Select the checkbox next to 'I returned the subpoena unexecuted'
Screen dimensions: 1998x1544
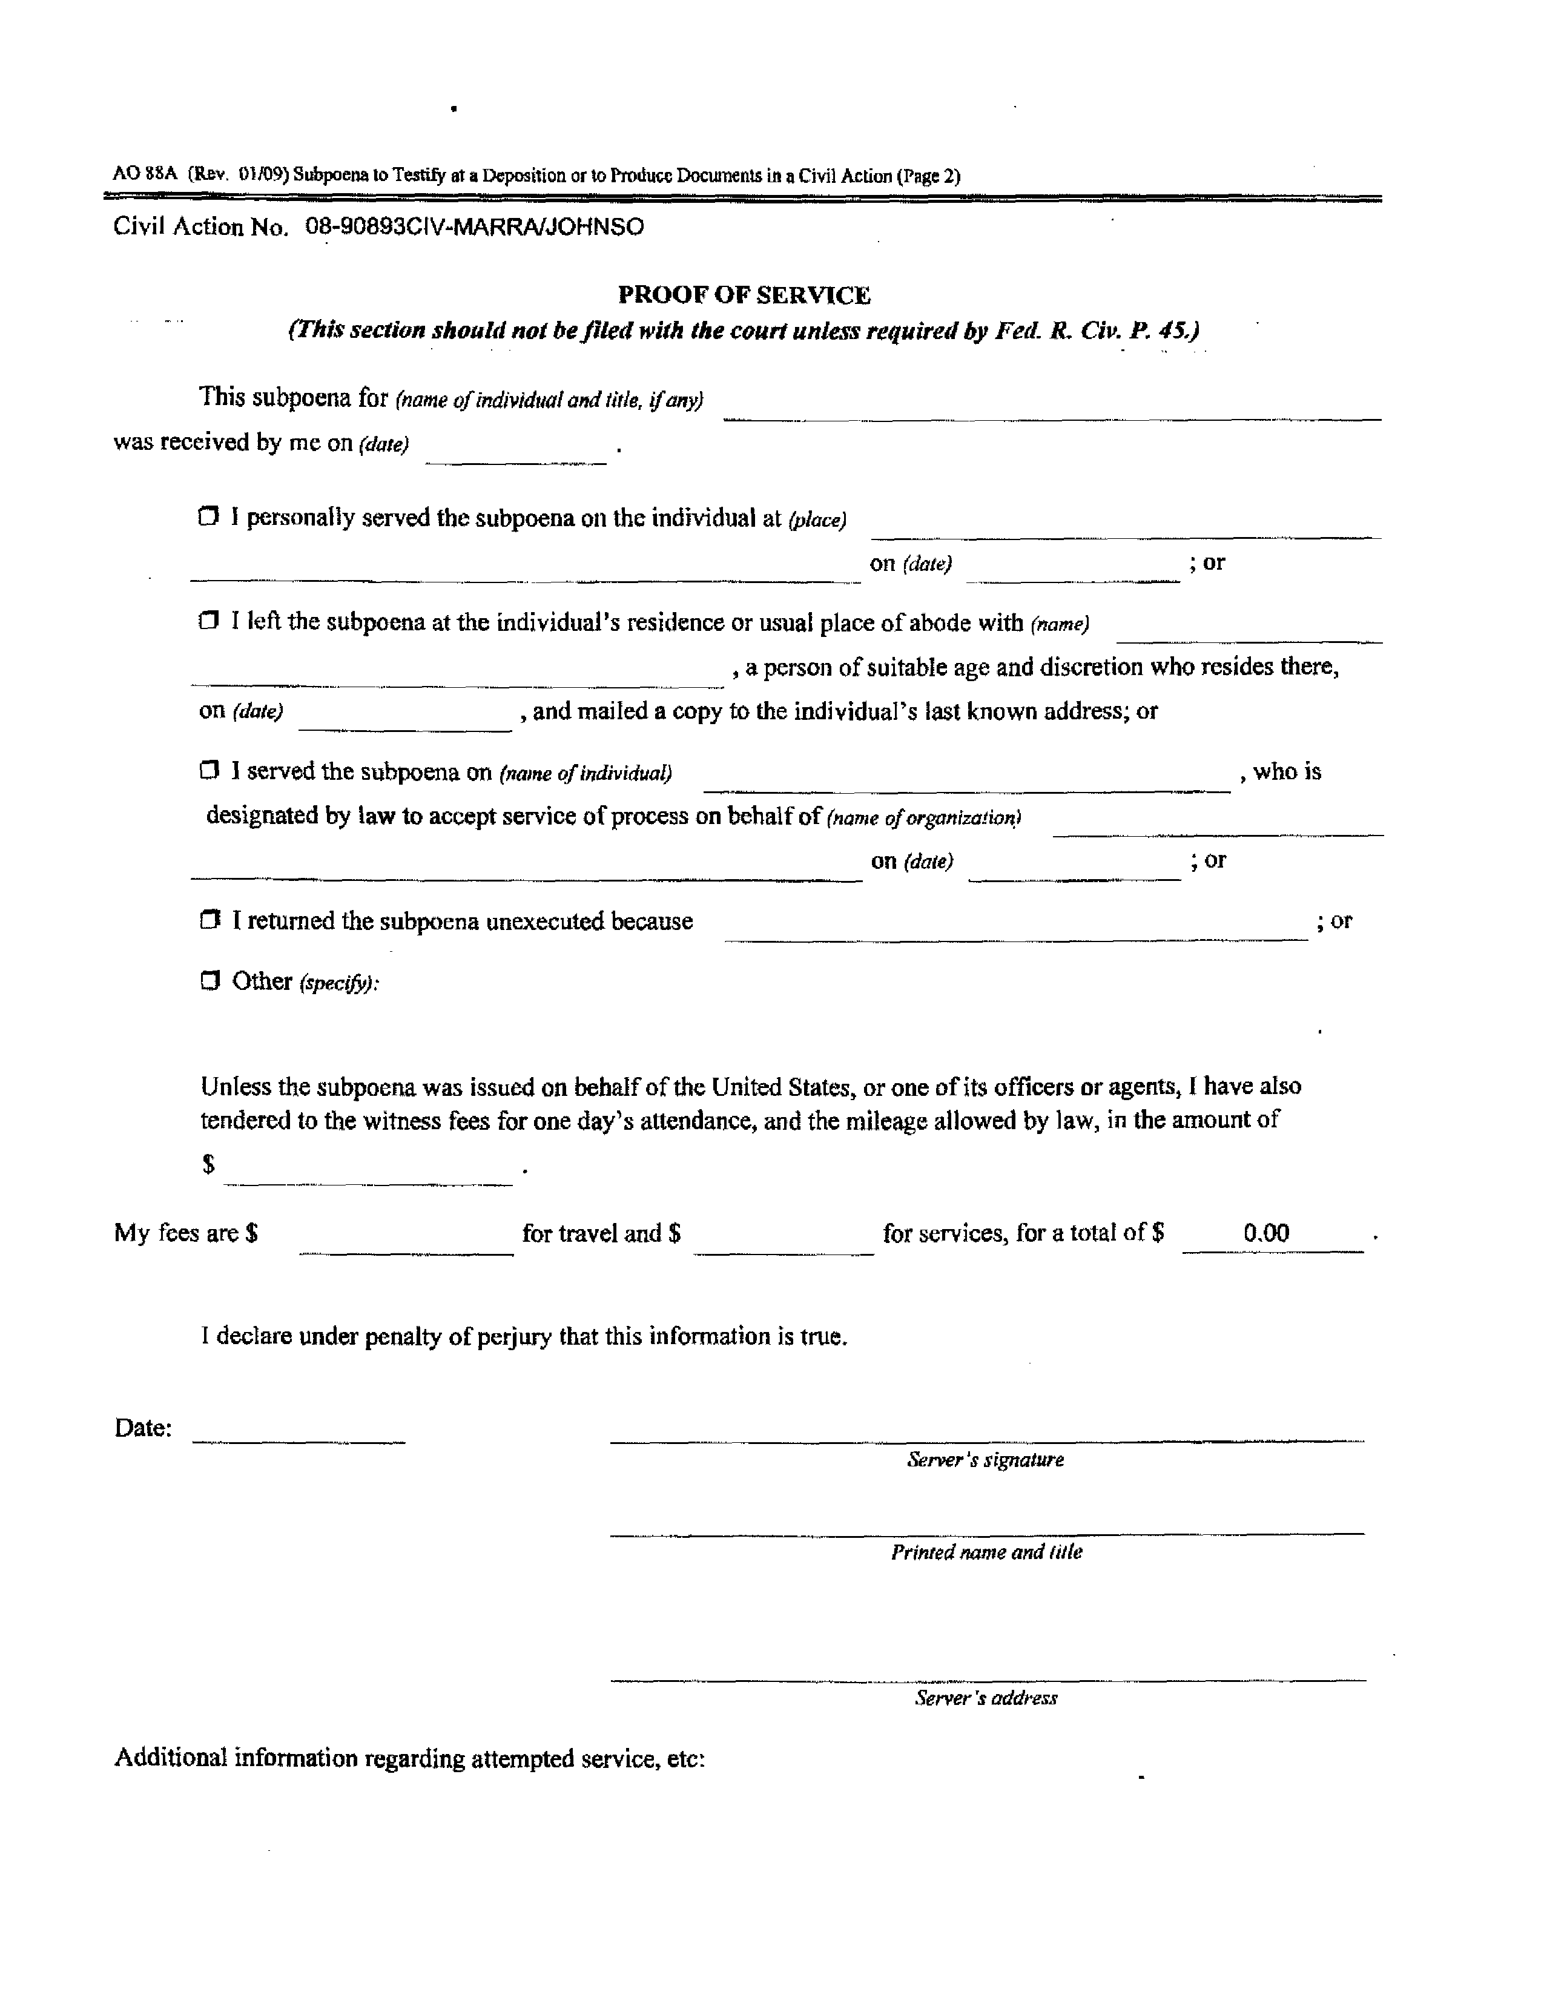click(210, 920)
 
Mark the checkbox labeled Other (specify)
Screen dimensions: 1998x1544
click(210, 981)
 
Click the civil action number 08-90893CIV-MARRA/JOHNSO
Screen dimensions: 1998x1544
click(474, 227)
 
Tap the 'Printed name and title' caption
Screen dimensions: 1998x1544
click(986, 1552)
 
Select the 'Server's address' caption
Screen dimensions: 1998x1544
click(986, 1698)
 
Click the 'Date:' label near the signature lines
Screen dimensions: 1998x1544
click(143, 1428)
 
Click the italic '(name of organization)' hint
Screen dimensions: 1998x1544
click(924, 818)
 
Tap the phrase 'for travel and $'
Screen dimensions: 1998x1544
click(601, 1233)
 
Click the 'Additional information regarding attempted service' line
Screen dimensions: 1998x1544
click(409, 1758)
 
